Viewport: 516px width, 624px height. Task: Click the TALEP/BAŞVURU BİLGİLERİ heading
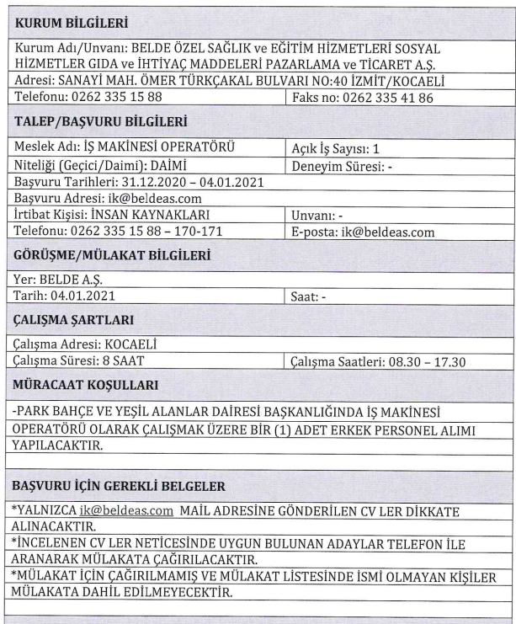(x=100, y=123)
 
